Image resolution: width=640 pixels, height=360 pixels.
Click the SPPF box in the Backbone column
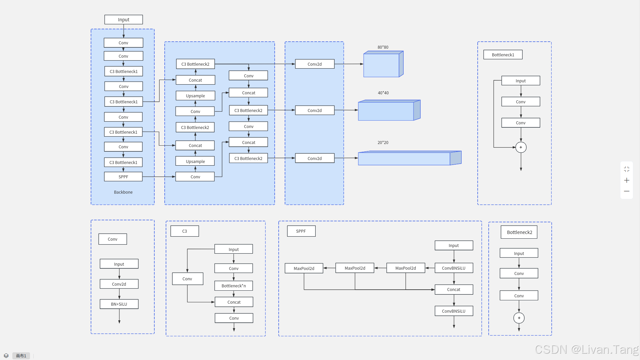(123, 177)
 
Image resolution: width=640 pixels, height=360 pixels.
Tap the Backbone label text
(123, 192)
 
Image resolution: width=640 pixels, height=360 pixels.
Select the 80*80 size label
(383, 47)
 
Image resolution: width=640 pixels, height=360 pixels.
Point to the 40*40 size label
(383, 93)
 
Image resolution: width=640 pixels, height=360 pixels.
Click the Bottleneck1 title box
(503, 55)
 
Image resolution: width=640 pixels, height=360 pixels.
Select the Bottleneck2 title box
(519, 232)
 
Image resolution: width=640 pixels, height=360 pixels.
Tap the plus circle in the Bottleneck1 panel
(521, 147)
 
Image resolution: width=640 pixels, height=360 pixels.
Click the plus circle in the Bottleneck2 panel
(519, 318)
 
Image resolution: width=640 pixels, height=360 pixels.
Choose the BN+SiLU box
(119, 304)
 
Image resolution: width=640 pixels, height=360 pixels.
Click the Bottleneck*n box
(234, 286)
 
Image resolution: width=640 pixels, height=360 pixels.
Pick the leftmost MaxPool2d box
(304, 268)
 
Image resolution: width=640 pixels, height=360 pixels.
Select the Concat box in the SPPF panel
(454, 289)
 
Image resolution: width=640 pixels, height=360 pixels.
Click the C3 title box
(185, 231)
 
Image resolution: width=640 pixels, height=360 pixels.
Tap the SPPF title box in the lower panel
(301, 231)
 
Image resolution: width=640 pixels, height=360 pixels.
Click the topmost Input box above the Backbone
(124, 20)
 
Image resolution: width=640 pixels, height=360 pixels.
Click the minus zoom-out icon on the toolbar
(627, 191)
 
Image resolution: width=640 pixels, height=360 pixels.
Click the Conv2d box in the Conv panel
(119, 284)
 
